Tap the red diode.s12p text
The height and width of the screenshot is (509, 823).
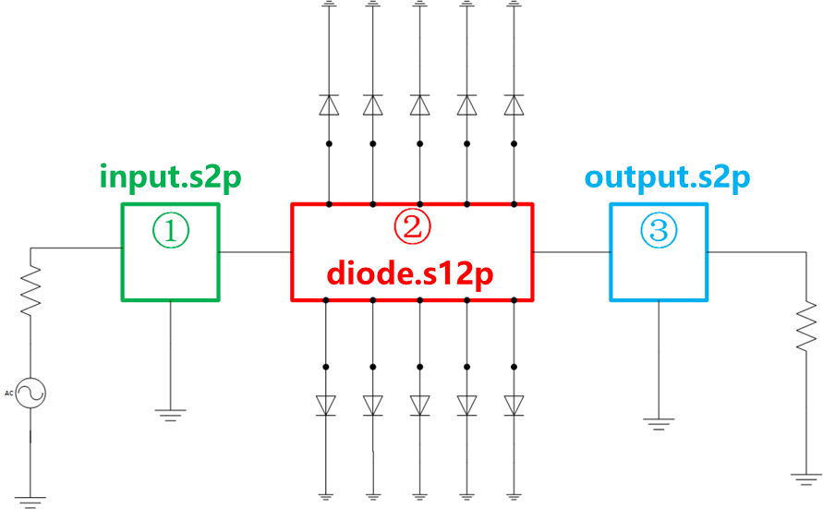point(412,273)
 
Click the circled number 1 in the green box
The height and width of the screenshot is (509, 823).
point(171,232)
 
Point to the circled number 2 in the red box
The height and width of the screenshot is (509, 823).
point(412,227)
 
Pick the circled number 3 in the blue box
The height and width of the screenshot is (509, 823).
point(658,230)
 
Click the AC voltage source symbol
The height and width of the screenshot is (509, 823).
point(30,394)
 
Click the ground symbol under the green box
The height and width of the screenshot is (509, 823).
point(170,414)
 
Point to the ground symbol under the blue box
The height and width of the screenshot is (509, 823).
point(658,424)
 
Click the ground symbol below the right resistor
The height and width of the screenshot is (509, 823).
point(806,478)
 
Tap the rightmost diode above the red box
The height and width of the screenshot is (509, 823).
point(514,105)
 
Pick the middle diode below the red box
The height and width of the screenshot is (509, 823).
point(420,405)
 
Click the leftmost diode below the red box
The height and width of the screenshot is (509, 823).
point(326,405)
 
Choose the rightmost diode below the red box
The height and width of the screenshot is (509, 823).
point(514,405)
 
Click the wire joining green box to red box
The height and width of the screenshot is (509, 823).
point(255,251)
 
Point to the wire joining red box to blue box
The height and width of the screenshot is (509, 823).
point(571,251)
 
